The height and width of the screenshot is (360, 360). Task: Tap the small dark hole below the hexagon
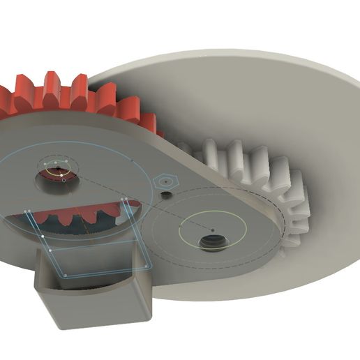(x=165, y=195)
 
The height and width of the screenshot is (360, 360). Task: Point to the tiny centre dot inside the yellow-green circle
(x=213, y=229)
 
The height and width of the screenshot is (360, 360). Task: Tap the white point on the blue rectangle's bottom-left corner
(x=64, y=276)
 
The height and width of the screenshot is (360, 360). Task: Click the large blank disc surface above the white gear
(x=230, y=91)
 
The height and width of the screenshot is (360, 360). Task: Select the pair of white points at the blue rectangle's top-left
(x=27, y=212)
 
